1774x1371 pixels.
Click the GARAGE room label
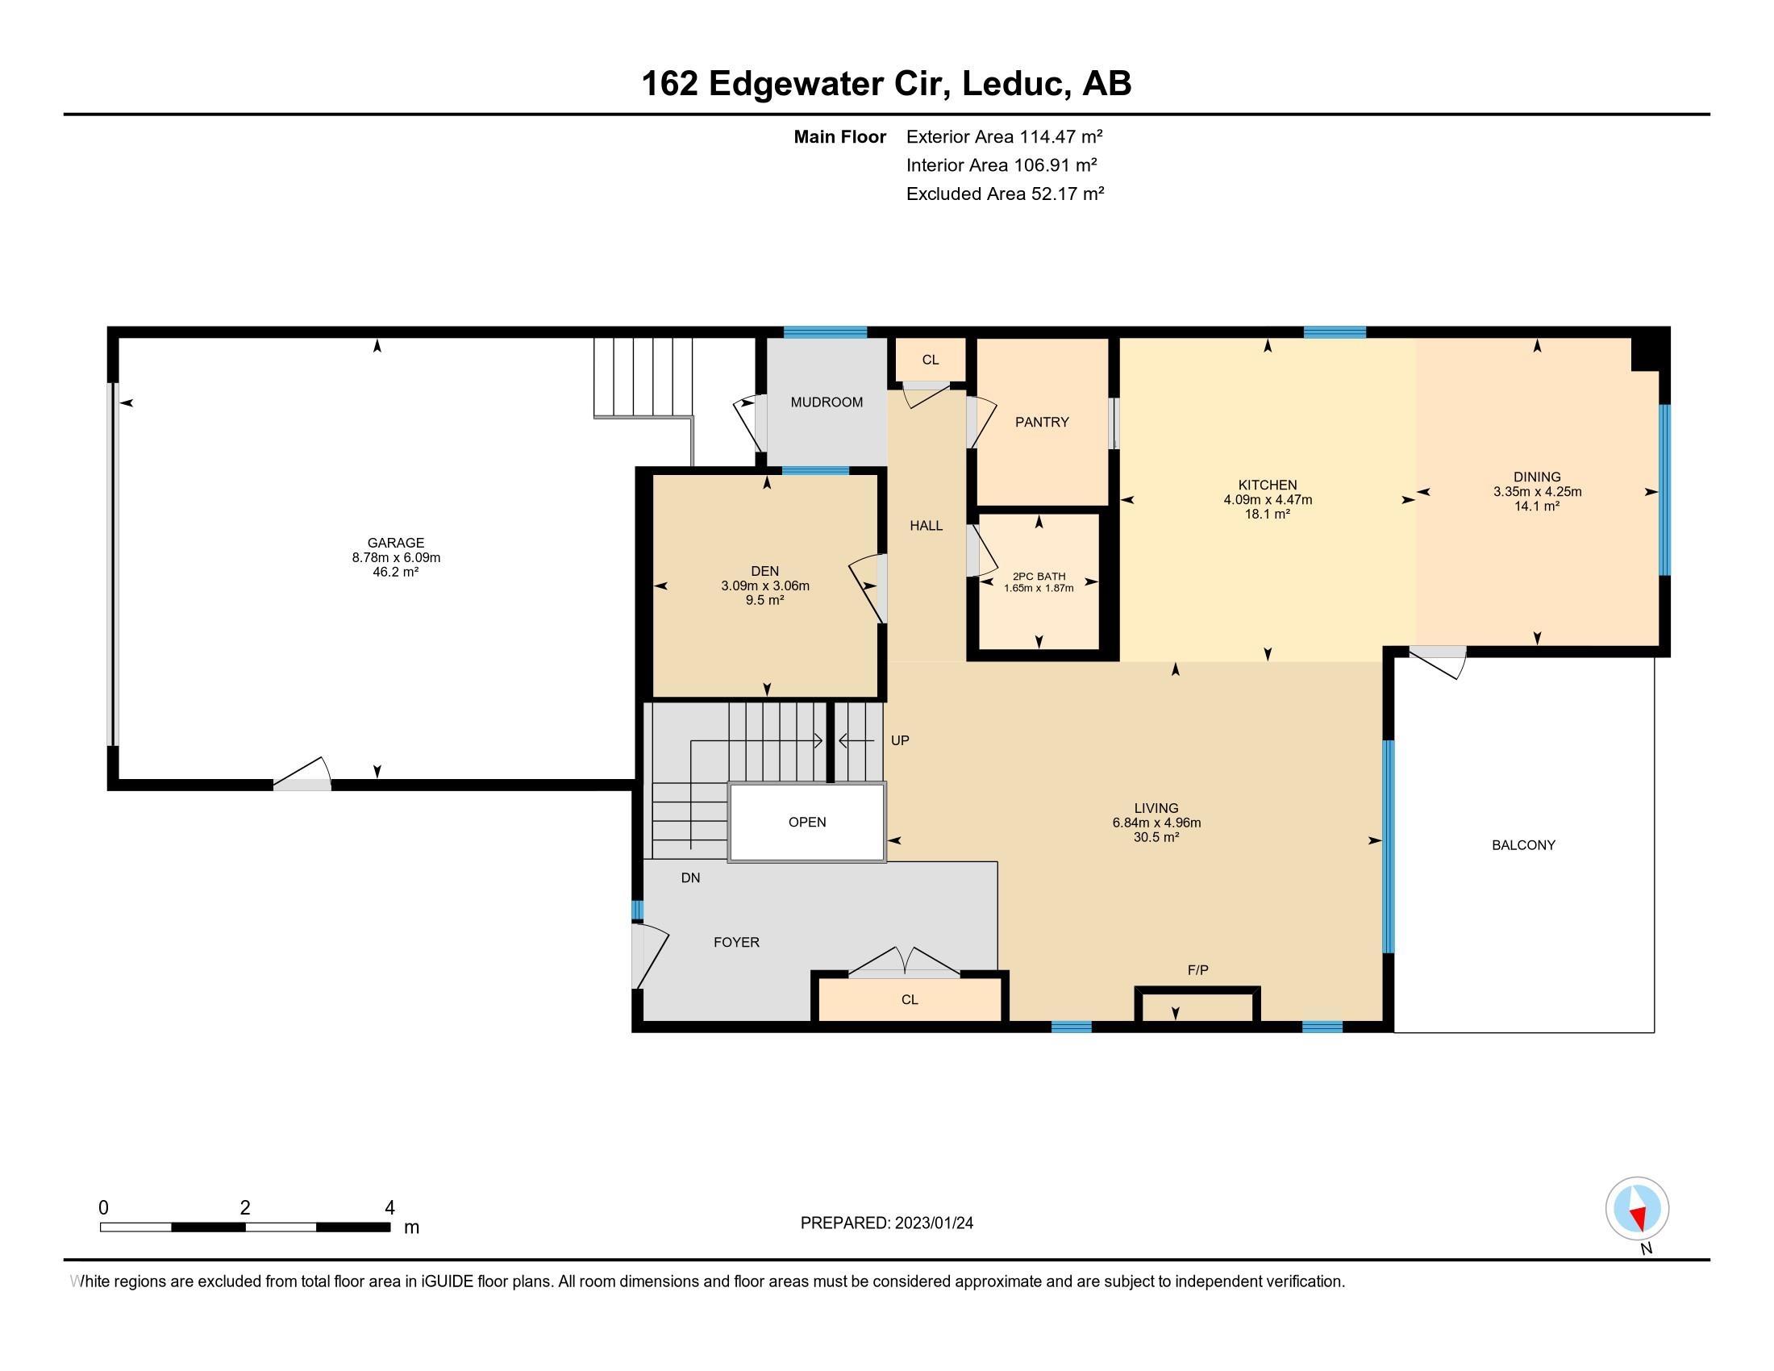(396, 543)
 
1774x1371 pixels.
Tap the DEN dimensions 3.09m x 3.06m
(764, 585)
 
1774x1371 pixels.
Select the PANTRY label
(1041, 422)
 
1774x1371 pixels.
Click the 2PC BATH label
(1038, 576)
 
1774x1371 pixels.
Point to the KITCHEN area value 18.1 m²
(1267, 515)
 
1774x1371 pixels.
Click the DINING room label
(1536, 477)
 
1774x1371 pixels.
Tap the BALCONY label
(1523, 844)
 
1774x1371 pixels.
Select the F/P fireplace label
(1197, 969)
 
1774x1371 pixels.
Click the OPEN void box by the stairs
(806, 822)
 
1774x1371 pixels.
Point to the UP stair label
(899, 740)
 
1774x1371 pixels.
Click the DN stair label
(690, 877)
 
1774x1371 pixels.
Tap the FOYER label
(736, 942)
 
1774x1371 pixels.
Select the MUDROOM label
(826, 402)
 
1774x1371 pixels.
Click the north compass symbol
(1637, 1209)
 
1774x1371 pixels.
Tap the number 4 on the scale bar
(389, 1208)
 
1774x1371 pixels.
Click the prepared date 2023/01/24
(933, 1223)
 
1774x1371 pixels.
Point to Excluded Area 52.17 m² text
(1005, 194)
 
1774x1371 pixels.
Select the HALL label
(925, 526)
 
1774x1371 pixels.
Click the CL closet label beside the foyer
(909, 1000)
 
